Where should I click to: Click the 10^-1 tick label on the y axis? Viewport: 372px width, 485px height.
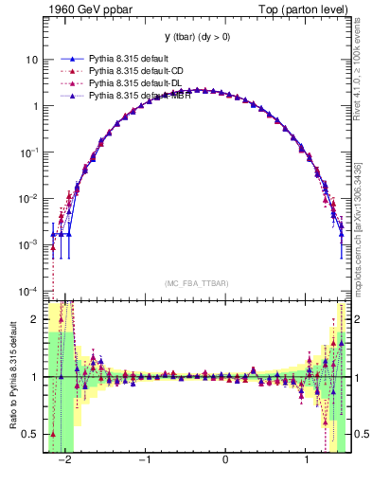(30, 153)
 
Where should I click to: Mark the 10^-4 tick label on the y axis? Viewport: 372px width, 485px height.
(30, 291)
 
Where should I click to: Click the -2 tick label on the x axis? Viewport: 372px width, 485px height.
(64, 460)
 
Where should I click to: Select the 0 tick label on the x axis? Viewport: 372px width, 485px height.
(225, 460)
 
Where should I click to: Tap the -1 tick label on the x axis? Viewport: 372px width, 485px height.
(144, 460)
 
